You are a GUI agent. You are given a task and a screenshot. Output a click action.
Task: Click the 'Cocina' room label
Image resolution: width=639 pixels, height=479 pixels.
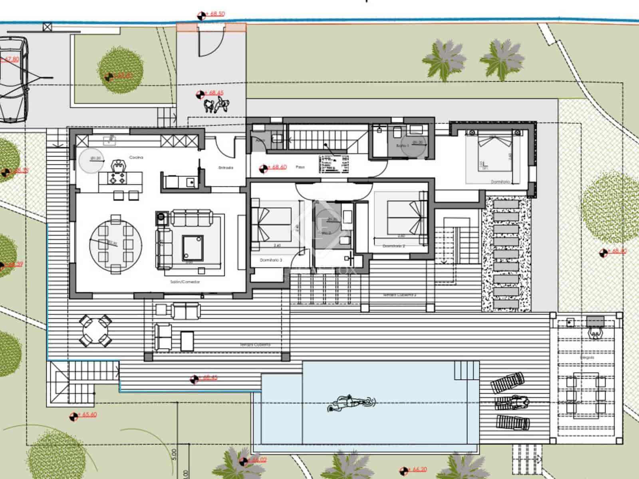point(136,158)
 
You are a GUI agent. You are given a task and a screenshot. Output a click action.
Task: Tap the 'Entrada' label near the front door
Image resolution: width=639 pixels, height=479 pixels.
point(226,168)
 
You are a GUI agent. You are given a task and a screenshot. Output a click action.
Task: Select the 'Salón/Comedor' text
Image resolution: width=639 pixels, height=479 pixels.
point(185,282)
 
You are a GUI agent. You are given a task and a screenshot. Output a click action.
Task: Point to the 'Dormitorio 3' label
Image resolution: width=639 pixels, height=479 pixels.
point(271,260)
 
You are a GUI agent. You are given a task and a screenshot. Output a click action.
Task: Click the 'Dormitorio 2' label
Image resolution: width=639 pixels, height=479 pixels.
point(394,246)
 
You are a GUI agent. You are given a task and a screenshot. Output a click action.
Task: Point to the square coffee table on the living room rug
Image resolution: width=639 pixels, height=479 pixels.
point(192,247)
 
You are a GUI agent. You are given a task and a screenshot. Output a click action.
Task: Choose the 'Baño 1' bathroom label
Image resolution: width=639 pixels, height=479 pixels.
point(402,146)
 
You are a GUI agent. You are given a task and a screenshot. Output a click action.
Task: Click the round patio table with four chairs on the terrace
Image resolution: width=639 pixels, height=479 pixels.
point(95,331)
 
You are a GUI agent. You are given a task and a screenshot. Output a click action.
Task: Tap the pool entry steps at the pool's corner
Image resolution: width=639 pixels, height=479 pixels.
point(466,370)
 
